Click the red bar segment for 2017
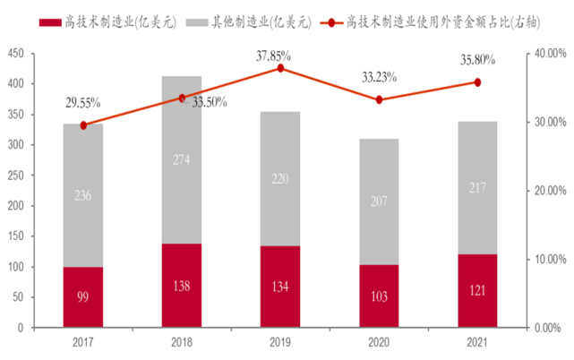click(83, 297)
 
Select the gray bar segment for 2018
click(182, 160)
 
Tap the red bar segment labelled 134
click(280, 287)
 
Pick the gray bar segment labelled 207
click(379, 201)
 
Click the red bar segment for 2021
click(477, 291)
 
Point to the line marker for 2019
click(280, 68)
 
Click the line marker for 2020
click(379, 99)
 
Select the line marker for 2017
click(83, 125)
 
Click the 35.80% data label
click(476, 61)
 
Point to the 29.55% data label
click(83, 103)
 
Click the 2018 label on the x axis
click(182, 342)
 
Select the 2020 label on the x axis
click(379, 342)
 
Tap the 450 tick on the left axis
click(18, 54)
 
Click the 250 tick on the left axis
click(18, 176)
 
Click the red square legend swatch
click(56, 21)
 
